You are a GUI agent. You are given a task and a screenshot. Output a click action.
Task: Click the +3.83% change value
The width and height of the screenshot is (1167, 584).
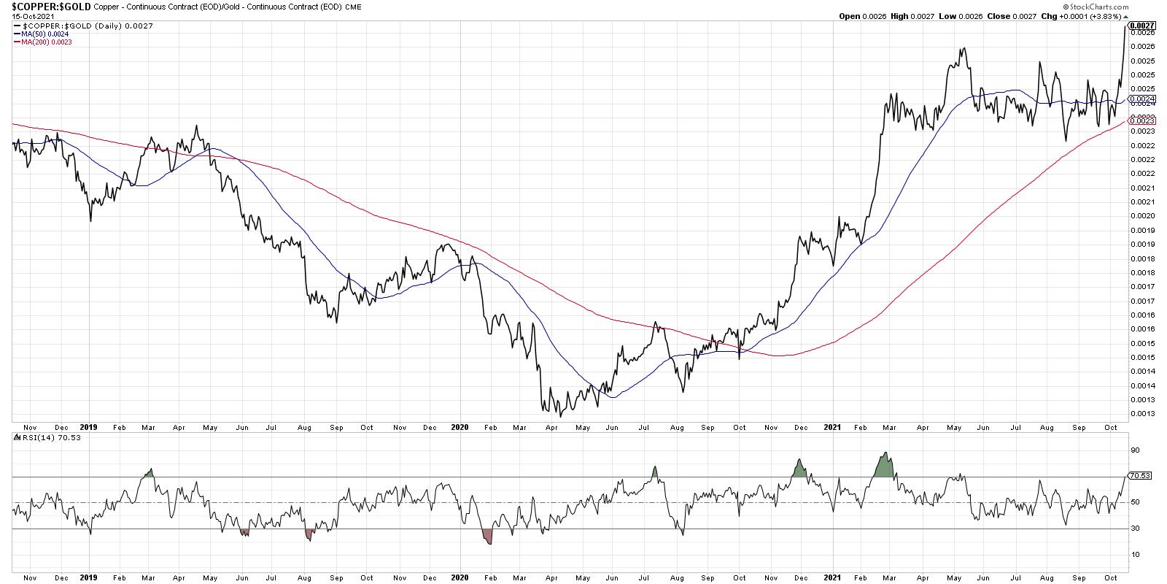1106,15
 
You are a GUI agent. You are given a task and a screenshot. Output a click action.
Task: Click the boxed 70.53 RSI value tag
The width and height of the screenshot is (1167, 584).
1140,476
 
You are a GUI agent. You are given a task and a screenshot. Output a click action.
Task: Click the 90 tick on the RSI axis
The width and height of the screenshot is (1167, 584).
1135,451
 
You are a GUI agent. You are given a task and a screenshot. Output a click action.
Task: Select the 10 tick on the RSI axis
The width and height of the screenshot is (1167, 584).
1135,555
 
